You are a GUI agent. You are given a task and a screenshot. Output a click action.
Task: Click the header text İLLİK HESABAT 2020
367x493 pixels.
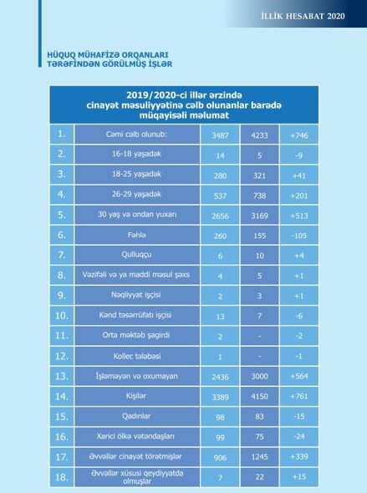click(303, 16)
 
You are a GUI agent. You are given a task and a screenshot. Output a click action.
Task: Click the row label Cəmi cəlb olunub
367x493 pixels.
click(136, 135)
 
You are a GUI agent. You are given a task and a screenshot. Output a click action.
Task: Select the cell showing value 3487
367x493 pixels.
click(220, 135)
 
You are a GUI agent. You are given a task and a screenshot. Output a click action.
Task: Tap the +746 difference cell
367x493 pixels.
click(299, 135)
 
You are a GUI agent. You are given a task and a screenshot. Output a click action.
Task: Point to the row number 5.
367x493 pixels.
click(62, 215)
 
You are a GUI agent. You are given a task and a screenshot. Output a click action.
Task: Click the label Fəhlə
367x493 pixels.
click(136, 235)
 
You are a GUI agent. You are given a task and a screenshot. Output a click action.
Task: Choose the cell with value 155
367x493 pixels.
click(259, 236)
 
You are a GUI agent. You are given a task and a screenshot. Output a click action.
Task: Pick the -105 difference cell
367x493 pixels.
click(299, 236)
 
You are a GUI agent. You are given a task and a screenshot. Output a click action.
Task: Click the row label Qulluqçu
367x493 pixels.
click(136, 254)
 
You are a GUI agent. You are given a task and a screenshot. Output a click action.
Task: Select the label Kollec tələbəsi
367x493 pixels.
click(137, 356)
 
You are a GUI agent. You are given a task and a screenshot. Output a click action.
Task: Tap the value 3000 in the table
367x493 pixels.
click(259, 376)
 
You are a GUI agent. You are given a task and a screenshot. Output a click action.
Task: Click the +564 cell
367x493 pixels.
click(299, 376)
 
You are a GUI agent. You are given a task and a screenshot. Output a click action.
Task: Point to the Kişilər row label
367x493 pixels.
click(136, 396)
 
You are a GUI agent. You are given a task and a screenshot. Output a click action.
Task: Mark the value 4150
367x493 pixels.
click(259, 396)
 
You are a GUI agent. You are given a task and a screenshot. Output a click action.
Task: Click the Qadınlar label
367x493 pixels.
click(136, 416)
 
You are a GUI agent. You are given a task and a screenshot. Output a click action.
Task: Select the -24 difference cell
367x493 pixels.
click(299, 436)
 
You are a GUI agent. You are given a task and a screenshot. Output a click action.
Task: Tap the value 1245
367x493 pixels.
click(259, 456)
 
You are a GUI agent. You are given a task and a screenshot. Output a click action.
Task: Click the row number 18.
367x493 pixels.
click(62, 477)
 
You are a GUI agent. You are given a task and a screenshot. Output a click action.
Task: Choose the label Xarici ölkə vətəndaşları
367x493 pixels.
click(135, 436)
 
